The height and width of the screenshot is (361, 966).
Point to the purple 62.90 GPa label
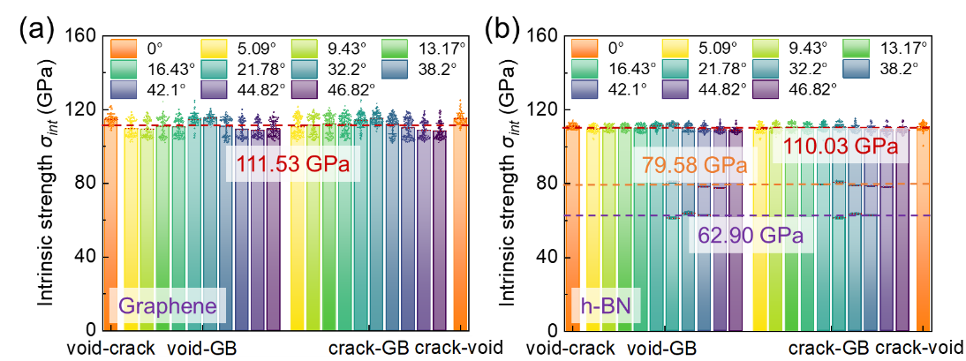click(x=750, y=236)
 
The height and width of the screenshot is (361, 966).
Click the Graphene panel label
click(x=167, y=306)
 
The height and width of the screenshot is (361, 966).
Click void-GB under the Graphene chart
click(x=202, y=348)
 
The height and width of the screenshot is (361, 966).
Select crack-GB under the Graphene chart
click(x=368, y=348)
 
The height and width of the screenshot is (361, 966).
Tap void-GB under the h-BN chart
click(x=661, y=348)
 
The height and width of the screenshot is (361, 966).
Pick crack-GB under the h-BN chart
click(x=827, y=348)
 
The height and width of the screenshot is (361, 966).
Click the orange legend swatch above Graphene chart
click(x=123, y=48)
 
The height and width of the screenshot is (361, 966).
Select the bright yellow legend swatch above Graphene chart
click(x=214, y=48)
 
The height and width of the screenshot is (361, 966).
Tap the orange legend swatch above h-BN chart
click(x=584, y=48)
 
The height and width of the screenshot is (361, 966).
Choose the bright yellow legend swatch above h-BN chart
click(x=675, y=48)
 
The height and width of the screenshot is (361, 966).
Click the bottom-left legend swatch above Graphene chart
click(x=123, y=88)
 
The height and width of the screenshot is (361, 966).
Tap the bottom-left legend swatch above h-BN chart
click(x=584, y=88)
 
